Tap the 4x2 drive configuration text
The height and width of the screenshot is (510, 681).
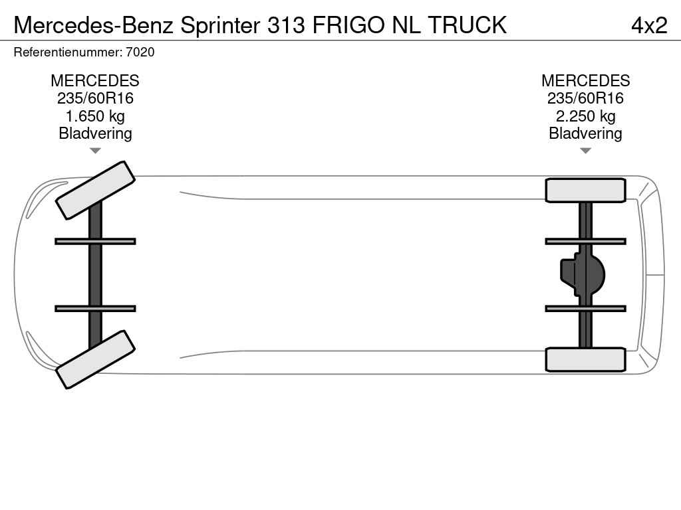(x=648, y=25)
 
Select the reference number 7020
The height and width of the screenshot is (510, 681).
(x=142, y=52)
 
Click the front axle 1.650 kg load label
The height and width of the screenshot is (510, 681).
(x=95, y=116)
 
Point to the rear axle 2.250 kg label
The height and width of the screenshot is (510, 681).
(x=585, y=116)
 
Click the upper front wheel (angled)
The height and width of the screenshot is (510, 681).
(x=95, y=190)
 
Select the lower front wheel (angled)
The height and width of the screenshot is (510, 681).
(x=95, y=359)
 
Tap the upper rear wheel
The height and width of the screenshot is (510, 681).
(x=585, y=191)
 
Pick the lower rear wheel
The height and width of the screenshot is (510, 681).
(x=585, y=359)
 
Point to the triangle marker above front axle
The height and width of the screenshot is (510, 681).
(x=95, y=151)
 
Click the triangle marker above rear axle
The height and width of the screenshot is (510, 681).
(x=585, y=151)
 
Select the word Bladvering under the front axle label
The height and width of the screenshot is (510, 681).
(x=95, y=133)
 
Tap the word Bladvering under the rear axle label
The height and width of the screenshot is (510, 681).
(x=585, y=133)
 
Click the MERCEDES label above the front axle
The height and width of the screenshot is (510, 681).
(x=95, y=81)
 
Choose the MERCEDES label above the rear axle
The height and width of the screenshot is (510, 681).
(x=585, y=81)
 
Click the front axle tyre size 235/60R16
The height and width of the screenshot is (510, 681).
(x=95, y=98)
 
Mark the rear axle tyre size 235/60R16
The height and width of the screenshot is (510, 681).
(x=585, y=98)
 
